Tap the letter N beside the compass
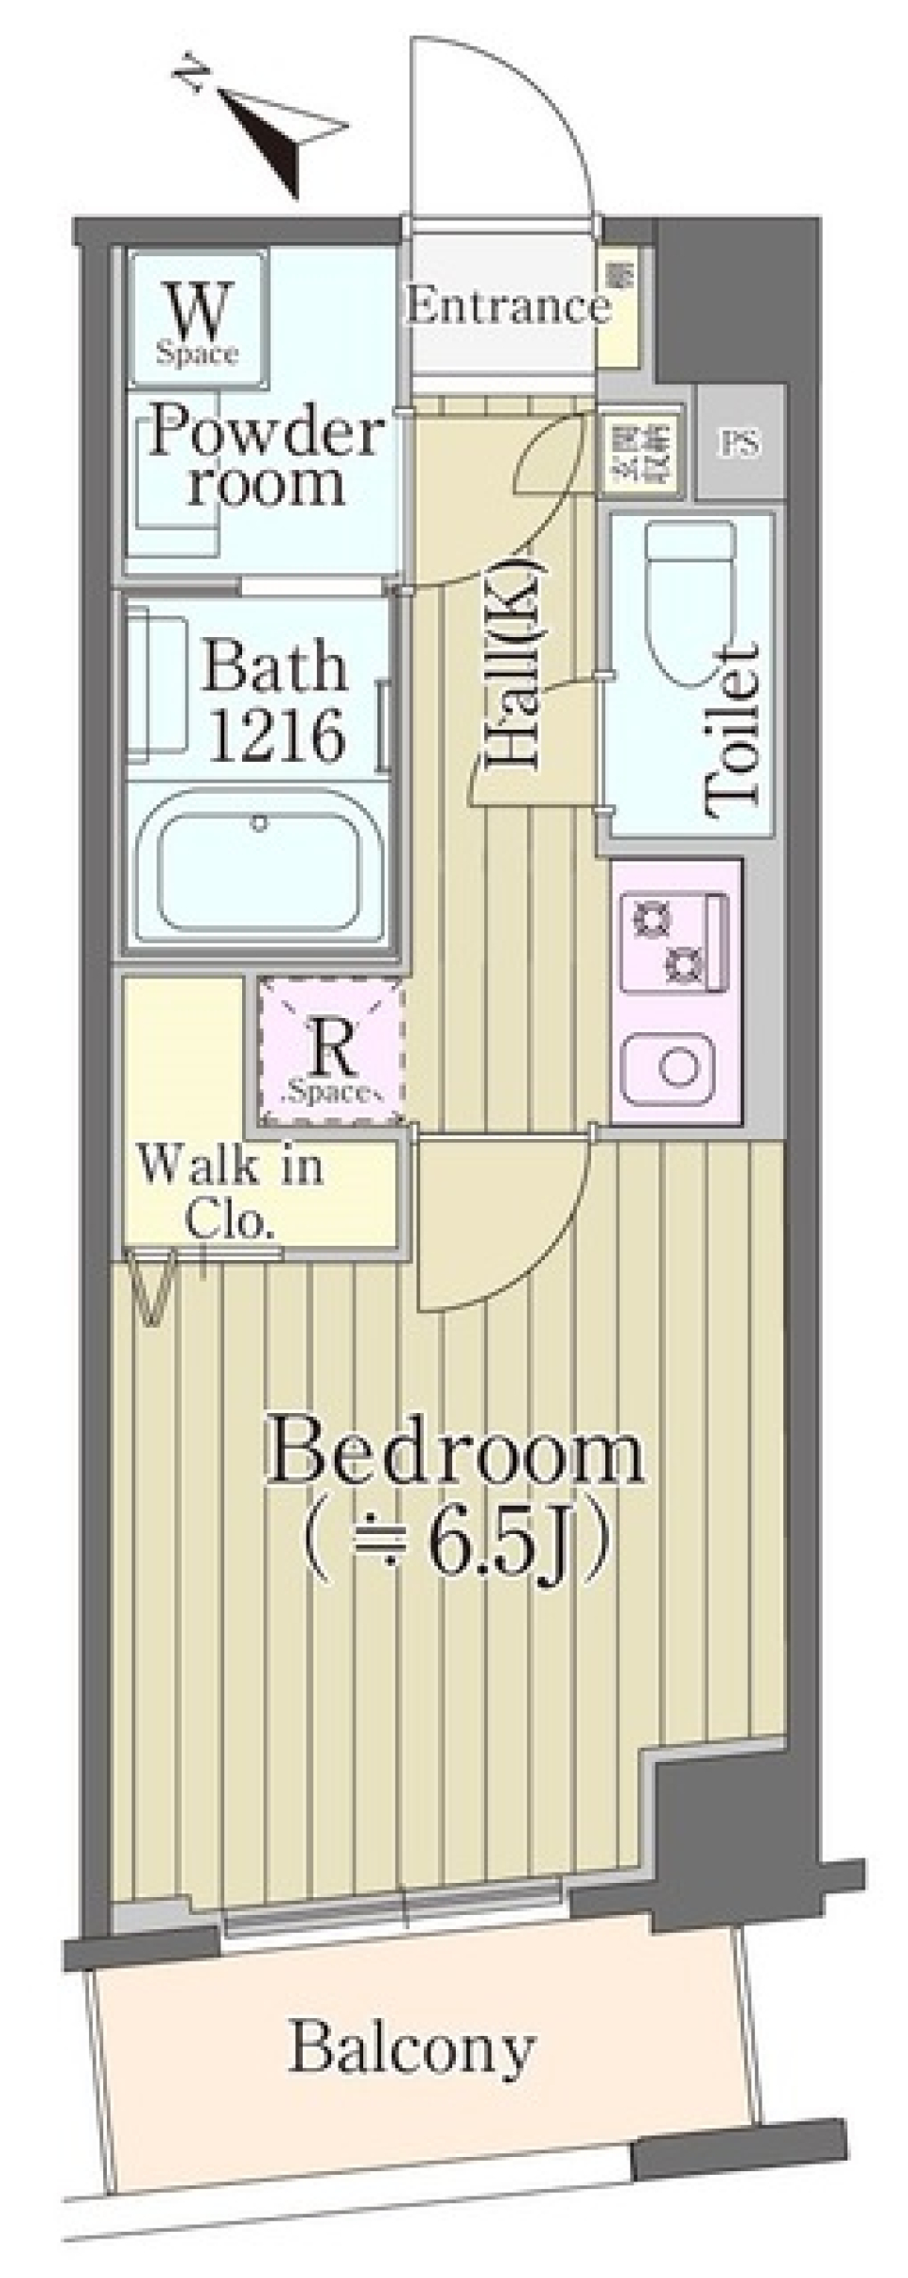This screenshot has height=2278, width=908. pyautogui.click(x=195, y=76)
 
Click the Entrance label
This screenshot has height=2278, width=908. pyautogui.click(x=507, y=306)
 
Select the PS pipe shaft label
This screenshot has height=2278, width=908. pyautogui.click(x=740, y=442)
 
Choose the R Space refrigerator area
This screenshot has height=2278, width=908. pyautogui.click(x=332, y=1053)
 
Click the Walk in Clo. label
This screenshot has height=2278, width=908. pyautogui.click(x=231, y=1191)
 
